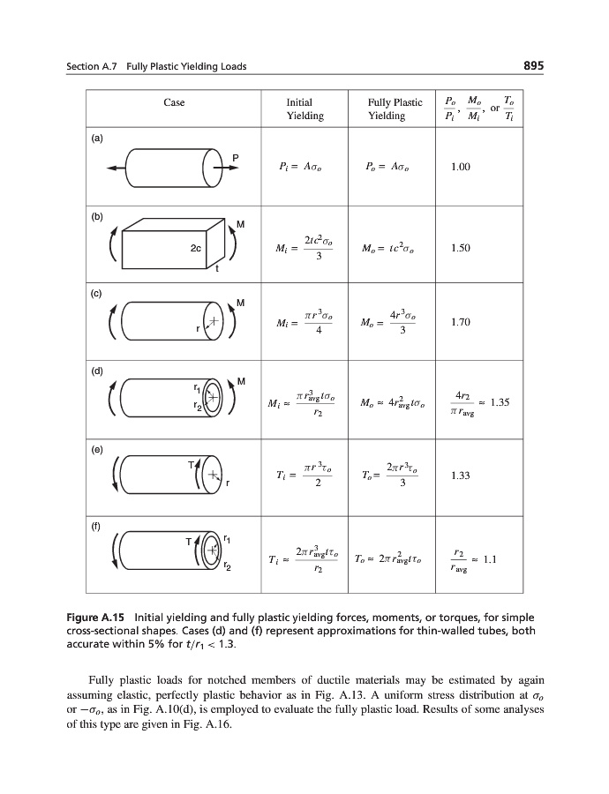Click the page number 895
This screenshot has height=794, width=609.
pyautogui.click(x=533, y=67)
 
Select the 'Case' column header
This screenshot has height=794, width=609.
pyautogui.click(x=174, y=103)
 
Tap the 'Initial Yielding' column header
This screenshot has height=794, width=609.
pyautogui.click(x=304, y=109)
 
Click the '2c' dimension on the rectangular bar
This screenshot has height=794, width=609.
pyautogui.click(x=196, y=249)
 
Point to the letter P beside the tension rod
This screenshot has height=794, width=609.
pyautogui.click(x=235, y=157)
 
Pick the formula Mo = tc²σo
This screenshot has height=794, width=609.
pyautogui.click(x=387, y=249)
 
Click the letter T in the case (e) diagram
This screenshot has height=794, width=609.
pyautogui.click(x=190, y=466)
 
